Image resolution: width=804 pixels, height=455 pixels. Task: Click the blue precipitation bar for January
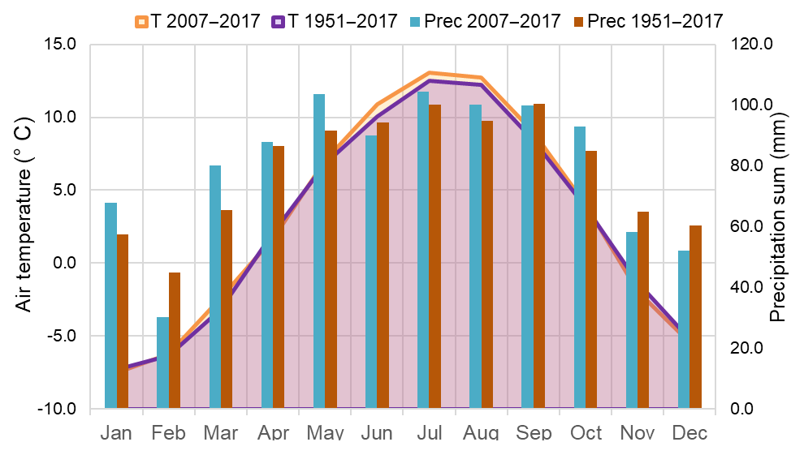110,305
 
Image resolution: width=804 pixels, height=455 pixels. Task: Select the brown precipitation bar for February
175,340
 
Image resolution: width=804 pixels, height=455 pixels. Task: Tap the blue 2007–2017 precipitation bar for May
319,251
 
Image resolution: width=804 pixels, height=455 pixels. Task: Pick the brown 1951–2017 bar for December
695,316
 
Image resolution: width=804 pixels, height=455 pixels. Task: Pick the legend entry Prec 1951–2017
649,21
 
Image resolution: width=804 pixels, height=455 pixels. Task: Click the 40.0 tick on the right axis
749,287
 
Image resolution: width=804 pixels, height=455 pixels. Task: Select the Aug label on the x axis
482,433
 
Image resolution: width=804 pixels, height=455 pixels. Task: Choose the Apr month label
273,433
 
